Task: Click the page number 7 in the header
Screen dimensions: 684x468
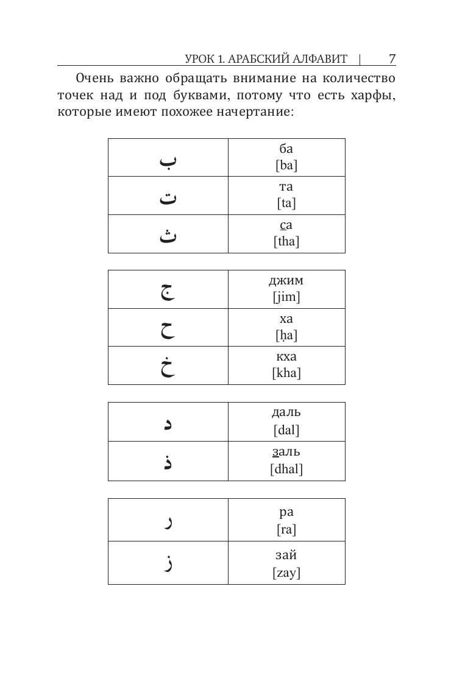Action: point(392,58)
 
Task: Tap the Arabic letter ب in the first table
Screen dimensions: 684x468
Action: point(168,161)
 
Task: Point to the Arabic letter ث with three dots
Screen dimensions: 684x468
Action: point(168,235)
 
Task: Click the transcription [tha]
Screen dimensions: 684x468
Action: point(286,241)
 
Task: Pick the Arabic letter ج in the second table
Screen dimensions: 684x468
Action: point(168,291)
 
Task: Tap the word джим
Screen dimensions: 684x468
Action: point(286,281)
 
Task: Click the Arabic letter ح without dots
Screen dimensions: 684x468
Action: point(168,329)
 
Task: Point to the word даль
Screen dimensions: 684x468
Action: point(286,412)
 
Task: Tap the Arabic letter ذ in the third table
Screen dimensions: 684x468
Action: point(168,462)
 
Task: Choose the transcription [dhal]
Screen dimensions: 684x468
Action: point(286,469)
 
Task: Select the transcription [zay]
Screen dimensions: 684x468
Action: point(286,573)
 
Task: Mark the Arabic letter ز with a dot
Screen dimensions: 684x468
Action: point(169,562)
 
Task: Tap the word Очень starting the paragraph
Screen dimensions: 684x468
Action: point(94,79)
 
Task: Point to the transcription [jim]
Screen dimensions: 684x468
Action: point(286,297)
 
